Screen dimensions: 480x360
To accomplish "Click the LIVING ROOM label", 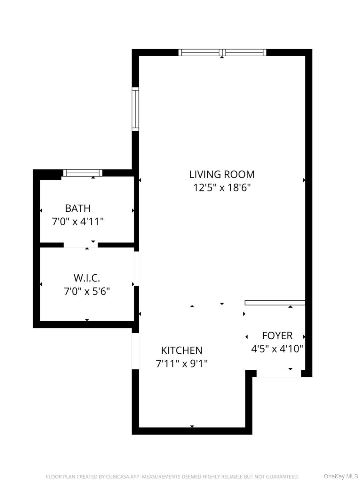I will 222,174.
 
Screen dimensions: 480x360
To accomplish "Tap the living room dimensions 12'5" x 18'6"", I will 222,187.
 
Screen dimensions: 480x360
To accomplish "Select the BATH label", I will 78,208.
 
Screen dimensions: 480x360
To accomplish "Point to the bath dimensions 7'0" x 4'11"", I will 78,221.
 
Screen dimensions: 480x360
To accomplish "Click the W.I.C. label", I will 87,278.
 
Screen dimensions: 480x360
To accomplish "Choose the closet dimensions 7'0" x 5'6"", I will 87,291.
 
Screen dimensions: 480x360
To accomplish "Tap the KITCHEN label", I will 181,350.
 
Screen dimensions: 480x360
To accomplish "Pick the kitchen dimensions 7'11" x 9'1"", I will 181,364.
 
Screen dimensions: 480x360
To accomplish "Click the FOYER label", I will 277,335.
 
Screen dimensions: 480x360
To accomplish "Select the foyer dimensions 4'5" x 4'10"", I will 277,349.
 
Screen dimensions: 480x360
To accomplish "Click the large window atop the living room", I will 222,52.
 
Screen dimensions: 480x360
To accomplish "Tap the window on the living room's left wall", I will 135,109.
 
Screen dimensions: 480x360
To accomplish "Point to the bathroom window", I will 83,173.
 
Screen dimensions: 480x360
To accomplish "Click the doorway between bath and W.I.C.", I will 81,245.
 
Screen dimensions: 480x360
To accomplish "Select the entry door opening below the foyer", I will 279,374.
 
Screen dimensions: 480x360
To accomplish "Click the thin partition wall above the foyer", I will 275,303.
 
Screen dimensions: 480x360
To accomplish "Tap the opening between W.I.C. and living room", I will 136,269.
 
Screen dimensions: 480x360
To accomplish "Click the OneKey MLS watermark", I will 340,476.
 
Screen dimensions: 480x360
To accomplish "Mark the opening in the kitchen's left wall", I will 135,351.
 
